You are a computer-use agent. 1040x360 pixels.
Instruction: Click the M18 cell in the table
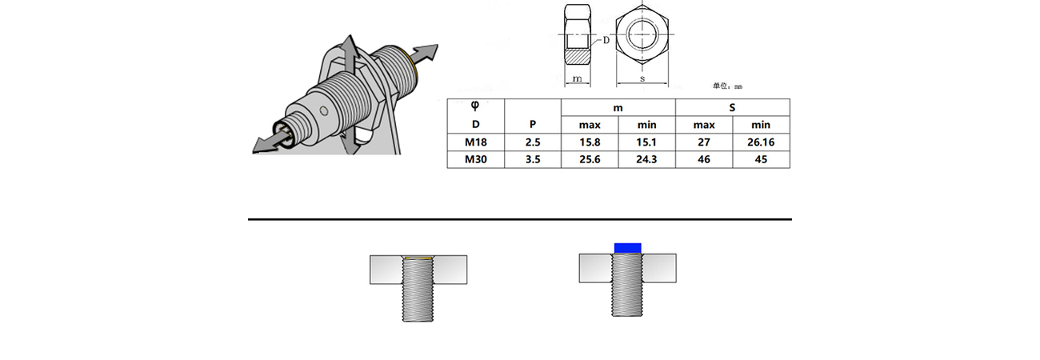475,142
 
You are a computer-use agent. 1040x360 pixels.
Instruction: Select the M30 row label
475,159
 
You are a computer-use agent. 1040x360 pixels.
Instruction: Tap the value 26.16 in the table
761,142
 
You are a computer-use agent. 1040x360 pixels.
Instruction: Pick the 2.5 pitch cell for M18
533,142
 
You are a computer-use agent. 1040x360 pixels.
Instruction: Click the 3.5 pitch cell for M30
533,159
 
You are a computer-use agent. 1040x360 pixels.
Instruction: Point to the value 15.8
590,142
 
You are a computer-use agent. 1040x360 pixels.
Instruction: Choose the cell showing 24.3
646,159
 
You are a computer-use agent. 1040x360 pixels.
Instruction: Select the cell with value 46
704,159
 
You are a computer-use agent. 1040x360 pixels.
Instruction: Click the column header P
533,125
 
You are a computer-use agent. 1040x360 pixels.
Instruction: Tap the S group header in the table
732,108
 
